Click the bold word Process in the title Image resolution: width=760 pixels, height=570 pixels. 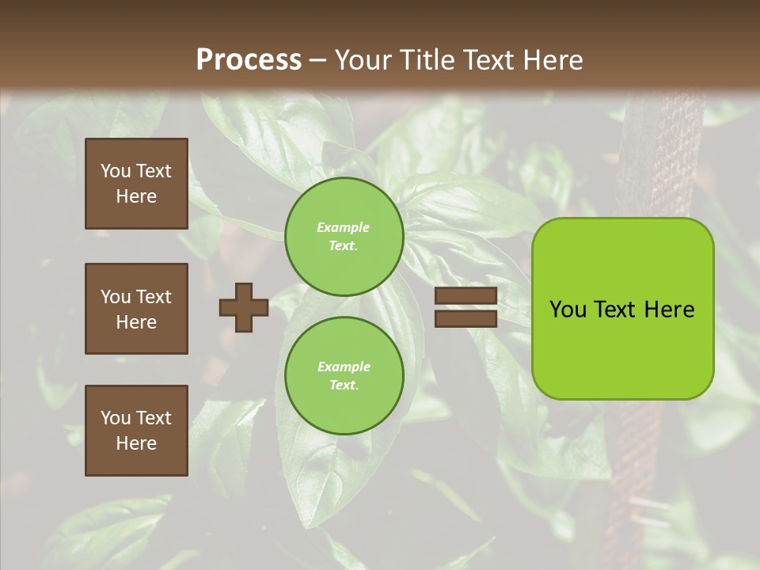coord(249,60)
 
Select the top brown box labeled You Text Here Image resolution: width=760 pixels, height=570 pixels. coord(136,184)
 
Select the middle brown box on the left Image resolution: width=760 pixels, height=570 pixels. coord(136,309)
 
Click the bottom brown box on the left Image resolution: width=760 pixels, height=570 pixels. coord(136,430)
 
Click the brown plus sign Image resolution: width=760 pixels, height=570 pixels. coord(244,307)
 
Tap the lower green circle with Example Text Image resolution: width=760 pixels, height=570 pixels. coord(344,376)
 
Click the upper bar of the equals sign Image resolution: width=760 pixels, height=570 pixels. coord(466,296)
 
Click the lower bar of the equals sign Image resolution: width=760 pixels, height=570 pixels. coord(466,319)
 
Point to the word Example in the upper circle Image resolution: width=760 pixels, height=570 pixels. coord(343,227)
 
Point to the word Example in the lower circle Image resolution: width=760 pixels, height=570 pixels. coord(344,367)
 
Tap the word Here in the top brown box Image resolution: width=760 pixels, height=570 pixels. coord(136,196)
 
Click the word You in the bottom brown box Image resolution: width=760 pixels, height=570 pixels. coord(116,417)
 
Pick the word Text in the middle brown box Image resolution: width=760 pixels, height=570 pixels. coord(154,297)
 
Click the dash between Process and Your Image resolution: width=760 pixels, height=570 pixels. coord(318,60)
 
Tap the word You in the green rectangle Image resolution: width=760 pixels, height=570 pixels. coord(567,310)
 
